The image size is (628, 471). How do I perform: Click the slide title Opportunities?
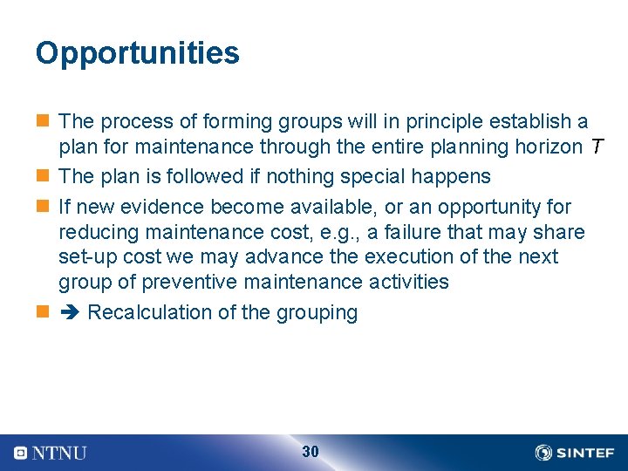tap(137, 54)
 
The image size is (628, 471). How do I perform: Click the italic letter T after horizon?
tap(595, 147)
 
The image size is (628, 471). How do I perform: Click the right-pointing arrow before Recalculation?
tap(70, 313)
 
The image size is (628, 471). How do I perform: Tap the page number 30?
tap(310, 452)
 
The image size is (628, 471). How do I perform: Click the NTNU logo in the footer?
tap(51, 453)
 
